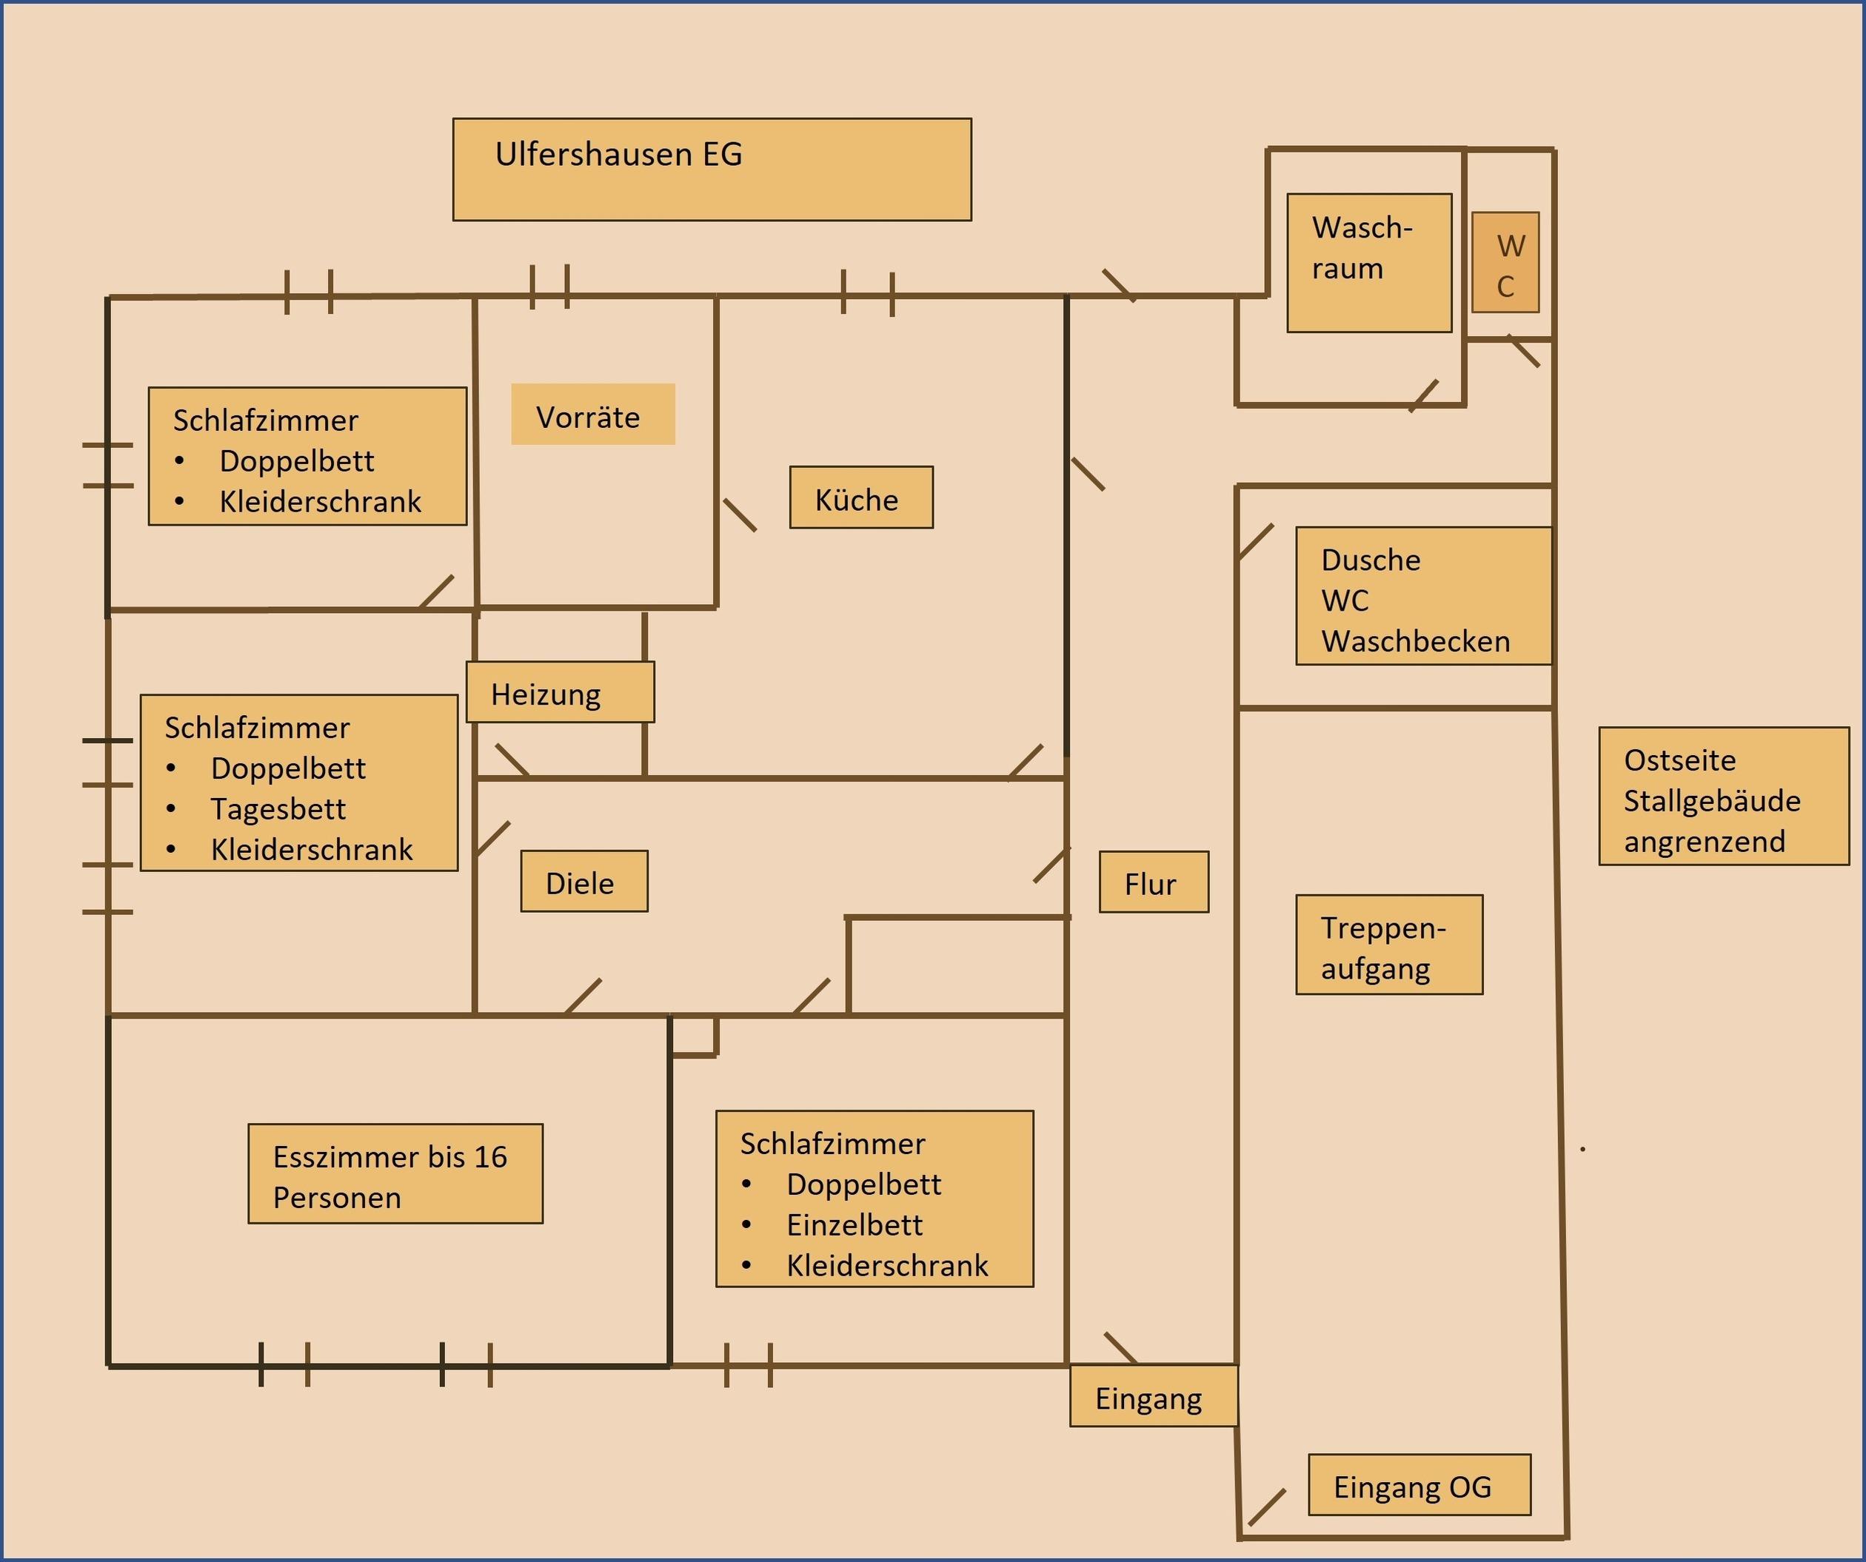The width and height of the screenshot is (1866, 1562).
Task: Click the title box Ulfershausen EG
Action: click(711, 169)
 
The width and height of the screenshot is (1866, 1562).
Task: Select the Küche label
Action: click(860, 497)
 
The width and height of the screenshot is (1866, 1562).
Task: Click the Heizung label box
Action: click(560, 692)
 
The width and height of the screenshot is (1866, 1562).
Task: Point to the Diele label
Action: click(583, 882)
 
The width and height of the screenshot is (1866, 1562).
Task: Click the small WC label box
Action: click(1505, 263)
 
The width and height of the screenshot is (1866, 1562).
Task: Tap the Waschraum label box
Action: click(1368, 263)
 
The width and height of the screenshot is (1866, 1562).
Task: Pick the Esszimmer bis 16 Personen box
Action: click(395, 1175)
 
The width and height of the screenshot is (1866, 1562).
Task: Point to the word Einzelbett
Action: click(854, 1225)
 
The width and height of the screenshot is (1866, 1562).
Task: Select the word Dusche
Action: click(1370, 560)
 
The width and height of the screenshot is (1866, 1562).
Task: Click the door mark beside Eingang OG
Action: click(1266, 1508)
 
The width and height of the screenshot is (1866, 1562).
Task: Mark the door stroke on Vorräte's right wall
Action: click(739, 515)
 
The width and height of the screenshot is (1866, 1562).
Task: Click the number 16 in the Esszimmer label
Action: click(489, 1158)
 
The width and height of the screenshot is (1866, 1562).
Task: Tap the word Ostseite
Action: click(1679, 760)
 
